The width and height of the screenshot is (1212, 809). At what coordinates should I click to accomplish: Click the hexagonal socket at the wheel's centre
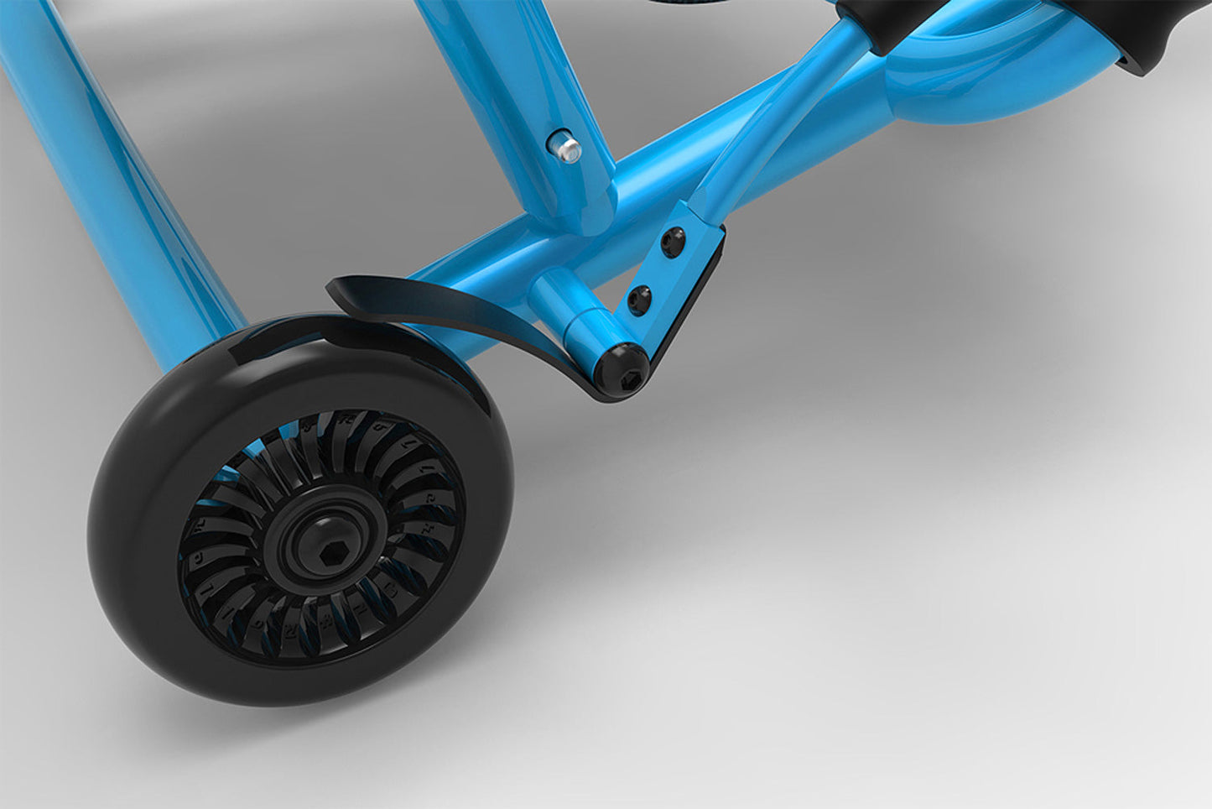(x=325, y=551)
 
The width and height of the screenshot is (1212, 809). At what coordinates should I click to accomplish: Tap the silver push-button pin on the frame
(x=568, y=149)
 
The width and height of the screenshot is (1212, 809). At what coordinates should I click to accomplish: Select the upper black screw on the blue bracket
(x=672, y=243)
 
